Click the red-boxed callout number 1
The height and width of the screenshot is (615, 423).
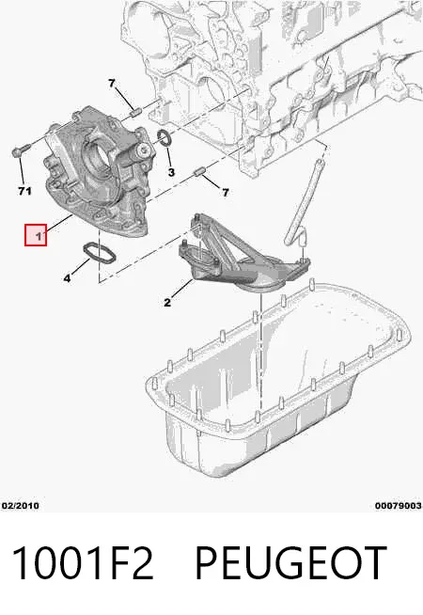[39, 236]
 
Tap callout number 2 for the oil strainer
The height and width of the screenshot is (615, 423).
[167, 303]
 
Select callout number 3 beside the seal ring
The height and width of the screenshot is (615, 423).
[171, 172]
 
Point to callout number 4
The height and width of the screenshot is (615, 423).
[67, 278]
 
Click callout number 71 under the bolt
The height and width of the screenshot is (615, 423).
[24, 191]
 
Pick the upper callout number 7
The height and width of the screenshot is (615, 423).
[112, 83]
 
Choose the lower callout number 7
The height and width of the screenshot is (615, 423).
[226, 192]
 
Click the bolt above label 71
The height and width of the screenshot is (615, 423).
[21, 150]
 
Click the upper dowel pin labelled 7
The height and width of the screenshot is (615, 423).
[135, 112]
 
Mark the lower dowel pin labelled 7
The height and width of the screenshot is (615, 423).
[200, 172]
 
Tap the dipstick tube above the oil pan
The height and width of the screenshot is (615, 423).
[303, 199]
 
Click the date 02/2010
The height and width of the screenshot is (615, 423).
[21, 506]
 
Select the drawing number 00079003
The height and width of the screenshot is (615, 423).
[399, 506]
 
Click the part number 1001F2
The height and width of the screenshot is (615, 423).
[83, 562]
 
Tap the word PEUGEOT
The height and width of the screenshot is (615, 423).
[290, 562]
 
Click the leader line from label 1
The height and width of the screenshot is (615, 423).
[60, 225]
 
